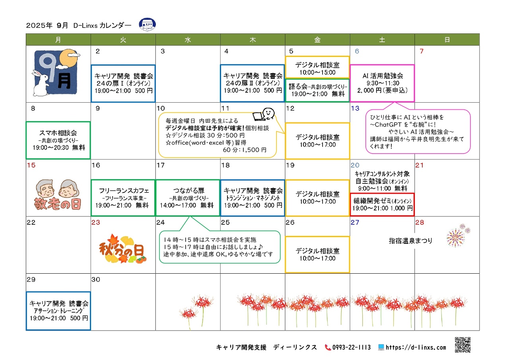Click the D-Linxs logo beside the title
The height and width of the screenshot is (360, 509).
tap(147, 25)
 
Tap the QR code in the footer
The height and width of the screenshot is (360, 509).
tap(462, 345)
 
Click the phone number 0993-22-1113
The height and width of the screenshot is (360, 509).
tap(351, 347)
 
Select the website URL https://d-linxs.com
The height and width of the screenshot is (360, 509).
tap(416, 347)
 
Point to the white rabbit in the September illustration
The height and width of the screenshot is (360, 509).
tap(41, 83)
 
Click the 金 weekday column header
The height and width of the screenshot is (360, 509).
tap(317, 40)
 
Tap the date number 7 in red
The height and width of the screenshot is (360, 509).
tap(422, 51)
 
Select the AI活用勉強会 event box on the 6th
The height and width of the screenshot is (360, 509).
tap(382, 83)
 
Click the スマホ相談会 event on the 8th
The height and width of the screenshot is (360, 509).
tap(58, 140)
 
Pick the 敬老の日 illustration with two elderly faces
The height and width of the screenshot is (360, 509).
tap(58, 195)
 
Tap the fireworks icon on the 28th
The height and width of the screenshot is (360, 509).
tap(457, 236)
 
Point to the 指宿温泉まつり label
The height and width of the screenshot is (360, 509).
tap(410, 241)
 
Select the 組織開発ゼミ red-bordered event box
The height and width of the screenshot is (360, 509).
tap(382, 204)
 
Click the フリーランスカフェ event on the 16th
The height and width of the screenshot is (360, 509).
tap(123, 198)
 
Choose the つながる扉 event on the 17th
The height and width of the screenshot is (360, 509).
tap(188, 198)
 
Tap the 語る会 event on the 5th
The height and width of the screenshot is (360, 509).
tap(317, 90)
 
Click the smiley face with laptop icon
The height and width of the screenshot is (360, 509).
tap(264, 114)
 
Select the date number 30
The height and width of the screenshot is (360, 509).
tap(96, 279)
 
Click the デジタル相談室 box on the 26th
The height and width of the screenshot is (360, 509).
tap(317, 255)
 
